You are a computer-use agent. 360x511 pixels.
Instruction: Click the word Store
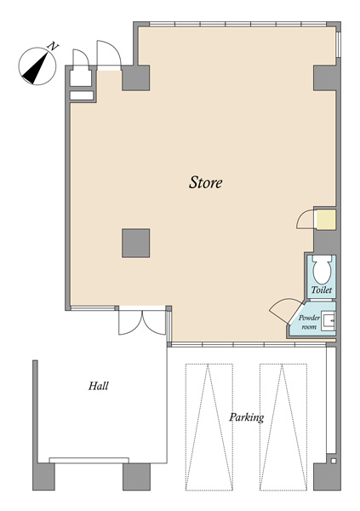pyautogui.click(x=206, y=182)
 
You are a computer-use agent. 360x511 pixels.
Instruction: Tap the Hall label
pyautogui.click(x=99, y=386)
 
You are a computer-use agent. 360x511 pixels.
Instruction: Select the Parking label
pyautogui.click(x=246, y=417)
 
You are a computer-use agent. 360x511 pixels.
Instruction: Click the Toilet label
pyautogui.click(x=322, y=290)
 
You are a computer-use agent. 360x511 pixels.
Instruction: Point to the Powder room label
pyautogui.click(x=309, y=322)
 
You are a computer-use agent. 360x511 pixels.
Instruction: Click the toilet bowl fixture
pyautogui.click(x=322, y=270)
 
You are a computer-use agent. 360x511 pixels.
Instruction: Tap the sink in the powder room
pyautogui.click(x=328, y=321)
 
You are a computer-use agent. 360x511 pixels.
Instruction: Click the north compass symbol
pyautogui.click(x=37, y=66)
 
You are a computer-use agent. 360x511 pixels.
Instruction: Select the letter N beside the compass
pyautogui.click(x=53, y=46)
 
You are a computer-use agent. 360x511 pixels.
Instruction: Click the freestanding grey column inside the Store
pyautogui.click(x=136, y=243)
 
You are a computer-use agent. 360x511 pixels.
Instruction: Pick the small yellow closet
pyautogui.click(x=326, y=220)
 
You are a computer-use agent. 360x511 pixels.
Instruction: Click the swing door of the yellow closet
pyautogui.click(x=306, y=219)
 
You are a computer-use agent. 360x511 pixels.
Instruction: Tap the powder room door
pyautogui.click(x=284, y=310)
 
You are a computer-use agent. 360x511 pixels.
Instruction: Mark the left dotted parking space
pyautogui.click(x=209, y=427)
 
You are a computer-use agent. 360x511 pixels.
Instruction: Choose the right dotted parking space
pyautogui.click(x=283, y=427)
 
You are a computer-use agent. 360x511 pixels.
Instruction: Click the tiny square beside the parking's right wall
pyautogui.click(x=333, y=461)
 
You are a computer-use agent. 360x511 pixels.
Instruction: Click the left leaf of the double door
pyautogui.click(x=130, y=323)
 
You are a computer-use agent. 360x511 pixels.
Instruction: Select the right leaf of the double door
pyautogui.click(x=154, y=323)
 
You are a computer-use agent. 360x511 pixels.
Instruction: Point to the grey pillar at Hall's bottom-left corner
pyautogui.click(x=43, y=476)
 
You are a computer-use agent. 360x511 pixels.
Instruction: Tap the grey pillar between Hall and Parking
pyautogui.click(x=136, y=476)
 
